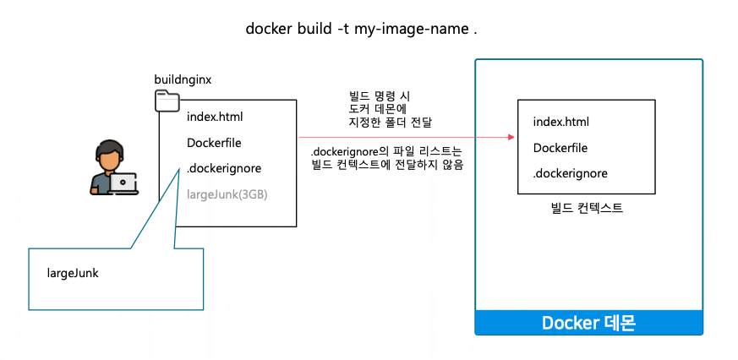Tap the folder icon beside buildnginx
pyautogui.click(x=167, y=101)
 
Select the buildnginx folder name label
pyautogui.click(x=183, y=79)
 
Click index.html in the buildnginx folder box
pyautogui.click(x=215, y=117)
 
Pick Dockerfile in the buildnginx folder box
pyautogui.click(x=214, y=142)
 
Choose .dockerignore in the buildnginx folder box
pyautogui.click(x=224, y=167)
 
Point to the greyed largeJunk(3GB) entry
pyautogui.click(x=227, y=194)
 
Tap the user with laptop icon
pyautogui.click(x=113, y=169)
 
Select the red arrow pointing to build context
pyautogui.click(x=406, y=136)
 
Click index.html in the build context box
pyautogui.click(x=561, y=123)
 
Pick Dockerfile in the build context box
pyautogui.click(x=560, y=149)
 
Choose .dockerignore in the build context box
pyautogui.click(x=571, y=174)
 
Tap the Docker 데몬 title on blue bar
pyautogui.click(x=588, y=323)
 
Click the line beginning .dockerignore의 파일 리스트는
pyautogui.click(x=386, y=152)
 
